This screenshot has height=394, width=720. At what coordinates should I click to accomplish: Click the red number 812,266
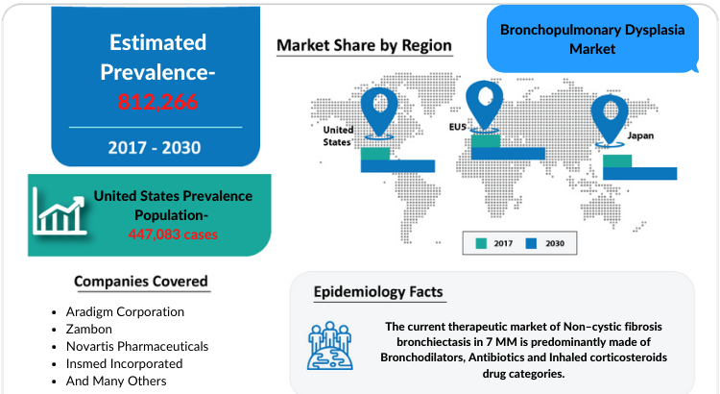[157, 102]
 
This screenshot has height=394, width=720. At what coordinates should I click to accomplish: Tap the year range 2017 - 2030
[155, 148]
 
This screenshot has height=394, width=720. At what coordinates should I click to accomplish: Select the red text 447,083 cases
[173, 234]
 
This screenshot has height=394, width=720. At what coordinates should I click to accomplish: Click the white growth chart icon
[60, 211]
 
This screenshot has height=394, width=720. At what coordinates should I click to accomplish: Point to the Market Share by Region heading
[364, 45]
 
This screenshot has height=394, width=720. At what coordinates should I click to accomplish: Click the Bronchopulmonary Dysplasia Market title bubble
[592, 39]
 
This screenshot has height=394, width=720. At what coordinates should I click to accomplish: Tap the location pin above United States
[379, 112]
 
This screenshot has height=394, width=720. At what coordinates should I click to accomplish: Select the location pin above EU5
[485, 106]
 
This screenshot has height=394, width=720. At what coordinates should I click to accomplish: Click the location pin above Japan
[610, 120]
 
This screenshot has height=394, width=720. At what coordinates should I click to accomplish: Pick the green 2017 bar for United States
[375, 154]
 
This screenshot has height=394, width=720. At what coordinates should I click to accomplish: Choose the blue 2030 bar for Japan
[639, 173]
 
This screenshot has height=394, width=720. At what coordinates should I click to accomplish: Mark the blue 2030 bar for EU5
[508, 154]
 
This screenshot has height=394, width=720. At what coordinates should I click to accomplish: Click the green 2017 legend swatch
[481, 244]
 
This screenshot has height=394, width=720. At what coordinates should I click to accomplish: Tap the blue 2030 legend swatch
[531, 244]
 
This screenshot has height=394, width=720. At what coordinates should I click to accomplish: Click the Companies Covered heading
[141, 282]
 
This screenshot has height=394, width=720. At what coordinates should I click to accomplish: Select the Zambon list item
[89, 330]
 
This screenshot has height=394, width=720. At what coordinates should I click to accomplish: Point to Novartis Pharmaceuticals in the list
[137, 346]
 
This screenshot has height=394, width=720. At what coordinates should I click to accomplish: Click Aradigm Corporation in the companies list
[125, 311]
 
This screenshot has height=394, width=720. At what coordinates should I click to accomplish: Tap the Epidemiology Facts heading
[378, 292]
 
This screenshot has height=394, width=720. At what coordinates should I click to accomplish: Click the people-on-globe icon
[330, 346]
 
